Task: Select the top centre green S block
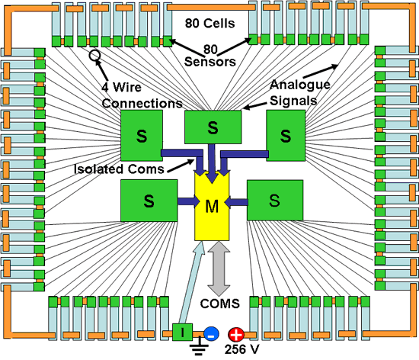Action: (x=213, y=127)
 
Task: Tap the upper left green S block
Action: (x=142, y=136)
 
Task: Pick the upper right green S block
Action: (x=286, y=136)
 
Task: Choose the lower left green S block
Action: (x=149, y=201)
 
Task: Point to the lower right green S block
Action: (x=275, y=201)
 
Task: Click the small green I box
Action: (x=182, y=333)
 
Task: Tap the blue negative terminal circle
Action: (x=211, y=334)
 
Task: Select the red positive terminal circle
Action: (x=236, y=334)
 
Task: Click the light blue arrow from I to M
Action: (x=192, y=282)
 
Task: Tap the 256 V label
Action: (x=241, y=349)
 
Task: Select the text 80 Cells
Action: (x=209, y=24)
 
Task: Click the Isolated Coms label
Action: (x=119, y=169)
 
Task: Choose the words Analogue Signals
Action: (x=300, y=92)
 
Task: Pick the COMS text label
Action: (x=220, y=304)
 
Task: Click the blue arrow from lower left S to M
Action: (x=188, y=201)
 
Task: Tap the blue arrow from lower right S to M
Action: (x=236, y=202)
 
